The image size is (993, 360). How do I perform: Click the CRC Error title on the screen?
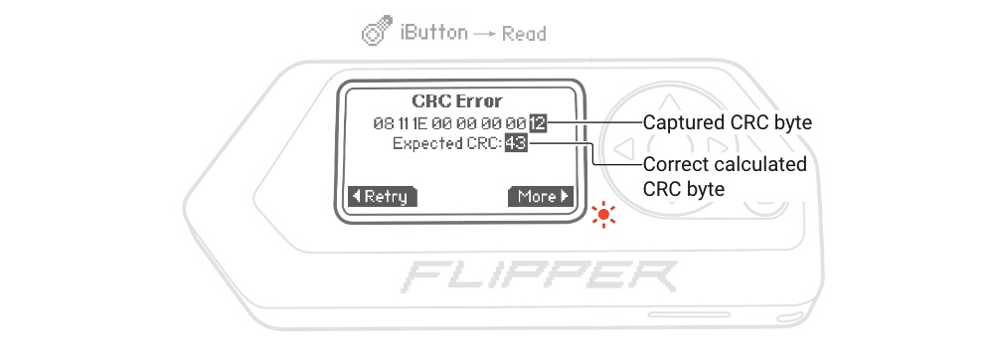pyautogui.click(x=457, y=100)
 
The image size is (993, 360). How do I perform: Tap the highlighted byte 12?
pyautogui.click(x=538, y=123)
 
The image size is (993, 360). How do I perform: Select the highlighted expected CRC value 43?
pyautogui.click(x=515, y=144)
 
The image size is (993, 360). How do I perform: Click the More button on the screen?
pyautogui.click(x=542, y=196)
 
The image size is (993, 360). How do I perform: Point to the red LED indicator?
pyautogui.click(x=602, y=215)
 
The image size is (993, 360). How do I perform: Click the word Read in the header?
pyautogui.click(x=523, y=33)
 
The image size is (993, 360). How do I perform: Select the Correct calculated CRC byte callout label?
pyautogui.click(x=725, y=175)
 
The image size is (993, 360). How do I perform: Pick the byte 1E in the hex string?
pyautogui.click(x=420, y=123)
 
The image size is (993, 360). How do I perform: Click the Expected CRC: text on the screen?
pyautogui.click(x=446, y=144)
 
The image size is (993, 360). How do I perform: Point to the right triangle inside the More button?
pyautogui.click(x=565, y=196)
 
